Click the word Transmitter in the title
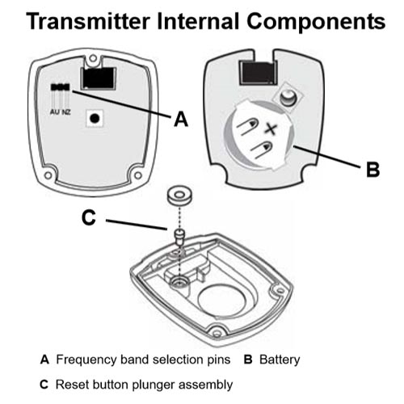pos(88,21)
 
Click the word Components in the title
pos(316,22)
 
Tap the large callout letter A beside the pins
pos(181,119)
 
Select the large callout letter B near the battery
pos(373,170)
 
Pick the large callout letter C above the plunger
pos(89,217)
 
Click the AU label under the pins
pos(54,112)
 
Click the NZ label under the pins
pos(66,112)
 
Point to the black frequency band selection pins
pos(61,87)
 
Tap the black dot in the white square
pos(95,118)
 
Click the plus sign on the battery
pos(270,129)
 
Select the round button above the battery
pos(288,97)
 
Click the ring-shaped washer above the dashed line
pos(179,195)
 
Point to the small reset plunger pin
pos(179,237)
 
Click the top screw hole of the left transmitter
pos(93,58)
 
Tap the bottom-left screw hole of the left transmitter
pos(48,175)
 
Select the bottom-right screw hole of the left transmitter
pos(138,175)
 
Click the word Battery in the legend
pos(280,360)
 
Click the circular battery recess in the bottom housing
pos(221,301)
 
